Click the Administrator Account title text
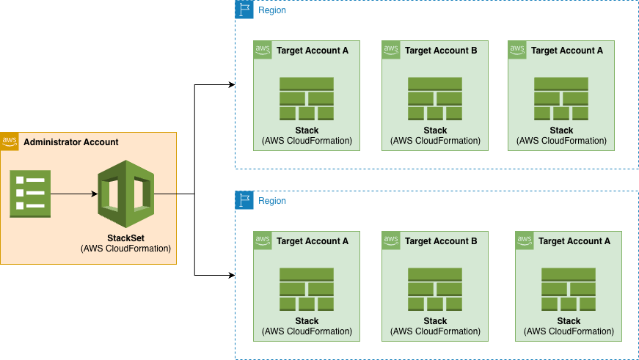point(70,142)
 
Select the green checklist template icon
point(30,194)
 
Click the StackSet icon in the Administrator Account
point(125,194)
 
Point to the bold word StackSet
point(125,238)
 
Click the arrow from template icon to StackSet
point(73,194)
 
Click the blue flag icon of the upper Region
point(244,10)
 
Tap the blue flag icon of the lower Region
point(244,200)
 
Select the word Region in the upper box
point(272,10)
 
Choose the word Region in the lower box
point(272,201)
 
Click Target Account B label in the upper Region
point(441,51)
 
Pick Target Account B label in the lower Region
point(441,241)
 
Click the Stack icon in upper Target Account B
point(435,99)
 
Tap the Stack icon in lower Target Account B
point(435,290)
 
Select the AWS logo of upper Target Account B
point(391,50)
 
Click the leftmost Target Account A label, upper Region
point(313,51)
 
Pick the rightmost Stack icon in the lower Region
point(569,290)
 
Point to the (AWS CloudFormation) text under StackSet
point(125,249)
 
